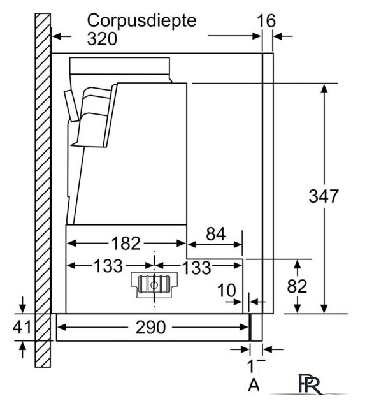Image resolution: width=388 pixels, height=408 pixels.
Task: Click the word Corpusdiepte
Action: pos(141,21)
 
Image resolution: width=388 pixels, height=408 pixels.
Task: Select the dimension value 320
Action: pos(102,39)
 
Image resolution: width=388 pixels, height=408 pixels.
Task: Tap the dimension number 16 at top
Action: pos(266,21)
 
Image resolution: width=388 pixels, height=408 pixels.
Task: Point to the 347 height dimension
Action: pos(324,196)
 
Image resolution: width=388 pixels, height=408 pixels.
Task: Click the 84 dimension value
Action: pos(215,234)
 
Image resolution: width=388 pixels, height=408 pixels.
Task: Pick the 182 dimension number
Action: pos(126,244)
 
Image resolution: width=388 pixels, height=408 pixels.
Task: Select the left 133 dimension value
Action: pos(108,266)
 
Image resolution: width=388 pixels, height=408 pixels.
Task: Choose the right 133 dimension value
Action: pos(196,268)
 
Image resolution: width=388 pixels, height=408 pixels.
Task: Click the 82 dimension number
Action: pos(297,286)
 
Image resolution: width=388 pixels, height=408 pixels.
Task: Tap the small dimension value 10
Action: pos(227,290)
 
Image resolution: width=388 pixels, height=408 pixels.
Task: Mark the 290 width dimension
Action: pos(150,327)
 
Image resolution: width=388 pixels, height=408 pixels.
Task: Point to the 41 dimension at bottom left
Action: pos(22,327)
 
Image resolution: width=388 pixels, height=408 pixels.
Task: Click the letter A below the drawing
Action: pos(253,385)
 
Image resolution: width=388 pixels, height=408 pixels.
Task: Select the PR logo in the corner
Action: pos(310,384)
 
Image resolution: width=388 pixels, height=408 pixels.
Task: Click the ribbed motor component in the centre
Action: pos(154,285)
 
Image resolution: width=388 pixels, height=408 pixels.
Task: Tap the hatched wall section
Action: pos(43,190)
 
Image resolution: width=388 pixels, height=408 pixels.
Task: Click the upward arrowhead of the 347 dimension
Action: pos(324,89)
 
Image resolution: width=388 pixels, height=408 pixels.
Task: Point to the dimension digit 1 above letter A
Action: pos(250,366)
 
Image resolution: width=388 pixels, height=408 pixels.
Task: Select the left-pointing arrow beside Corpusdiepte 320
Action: pos(62,36)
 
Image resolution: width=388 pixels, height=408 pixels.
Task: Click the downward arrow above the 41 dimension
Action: pos(23,305)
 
